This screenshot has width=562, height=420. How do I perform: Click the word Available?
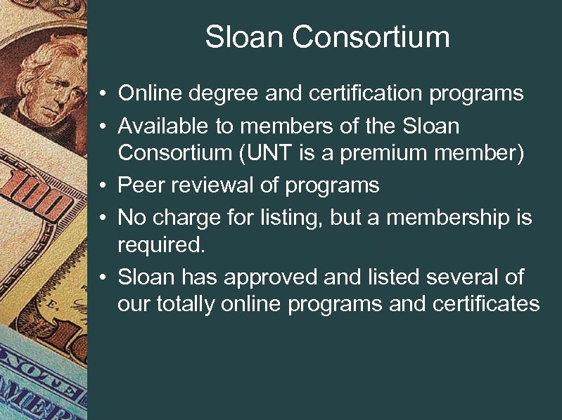coord(163,126)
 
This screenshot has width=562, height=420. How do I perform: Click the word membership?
coord(449,218)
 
